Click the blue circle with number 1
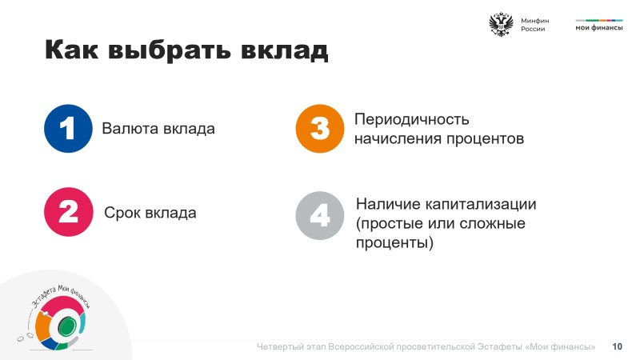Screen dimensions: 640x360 coord(68,129)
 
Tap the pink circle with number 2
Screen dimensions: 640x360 coord(69,212)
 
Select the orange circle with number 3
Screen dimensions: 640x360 coord(320,129)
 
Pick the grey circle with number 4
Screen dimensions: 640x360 coord(320,215)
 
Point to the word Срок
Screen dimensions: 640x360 coord(122,213)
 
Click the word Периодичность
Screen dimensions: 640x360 coord(412,119)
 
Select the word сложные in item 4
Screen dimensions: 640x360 coord(492,223)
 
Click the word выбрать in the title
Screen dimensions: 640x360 coord(170,50)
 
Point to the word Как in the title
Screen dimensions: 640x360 coord(71,50)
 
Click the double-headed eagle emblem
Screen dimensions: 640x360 coord(501,25)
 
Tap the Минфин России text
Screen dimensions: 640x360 coord(534,25)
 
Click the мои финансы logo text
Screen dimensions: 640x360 coord(599,28)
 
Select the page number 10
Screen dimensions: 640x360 coord(617,346)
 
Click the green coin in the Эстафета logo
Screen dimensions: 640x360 coord(66,326)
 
